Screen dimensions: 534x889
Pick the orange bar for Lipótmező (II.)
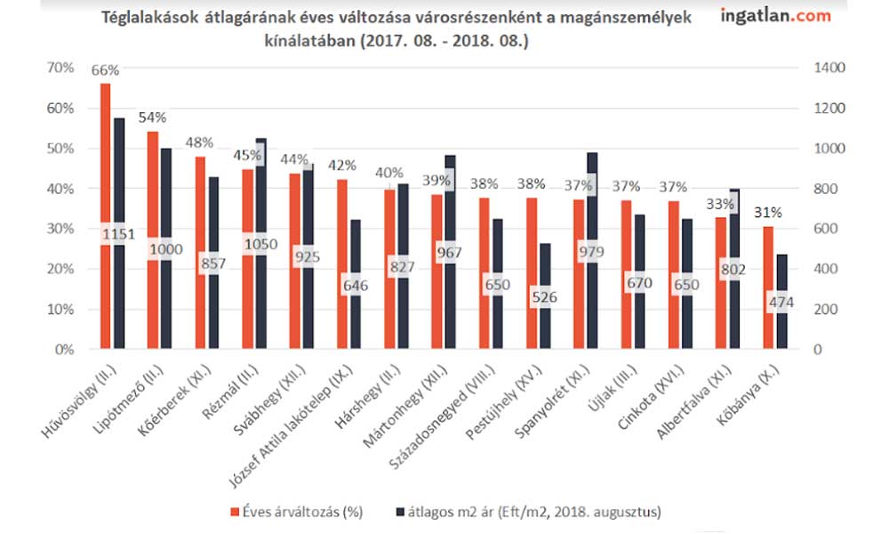point(152,240)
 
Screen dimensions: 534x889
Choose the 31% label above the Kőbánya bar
point(769,213)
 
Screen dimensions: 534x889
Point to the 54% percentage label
point(152,117)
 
